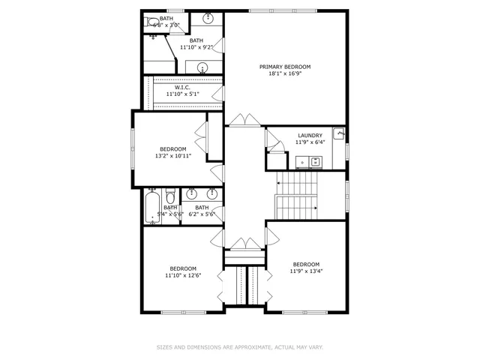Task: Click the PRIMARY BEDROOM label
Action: coord(284,67)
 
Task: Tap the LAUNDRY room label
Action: coord(309,135)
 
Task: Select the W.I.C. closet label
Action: coord(183,88)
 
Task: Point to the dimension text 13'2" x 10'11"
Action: coord(173,156)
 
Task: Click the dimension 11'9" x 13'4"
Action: coord(306,271)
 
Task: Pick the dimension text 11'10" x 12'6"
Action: coord(182,276)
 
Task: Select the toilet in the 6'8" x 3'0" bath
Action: coord(151,22)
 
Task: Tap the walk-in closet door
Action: coord(217,92)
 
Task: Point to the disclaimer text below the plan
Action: coord(239,347)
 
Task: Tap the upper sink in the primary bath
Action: coord(208,18)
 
